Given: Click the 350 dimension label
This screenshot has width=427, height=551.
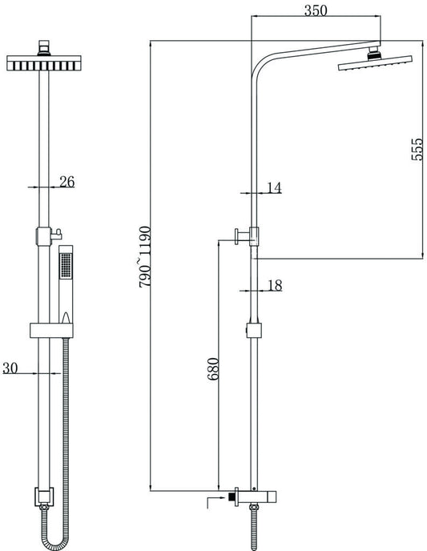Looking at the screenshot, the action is [315, 10].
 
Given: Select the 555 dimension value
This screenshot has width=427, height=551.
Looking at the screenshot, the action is [417, 149].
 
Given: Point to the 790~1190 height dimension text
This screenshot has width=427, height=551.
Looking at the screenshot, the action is [145, 257].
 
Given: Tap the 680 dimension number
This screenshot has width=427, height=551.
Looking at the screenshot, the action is [213, 369].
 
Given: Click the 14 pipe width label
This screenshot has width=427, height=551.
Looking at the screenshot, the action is [275, 187].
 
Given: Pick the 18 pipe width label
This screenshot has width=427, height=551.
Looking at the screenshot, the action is [275, 285].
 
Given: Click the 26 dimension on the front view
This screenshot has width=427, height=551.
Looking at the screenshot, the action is [66, 182].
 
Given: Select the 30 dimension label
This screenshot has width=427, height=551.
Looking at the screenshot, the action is [10, 368].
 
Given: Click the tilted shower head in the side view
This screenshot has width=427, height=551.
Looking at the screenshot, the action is [375, 62].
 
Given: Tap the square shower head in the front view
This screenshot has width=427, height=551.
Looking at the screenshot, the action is [44, 63].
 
